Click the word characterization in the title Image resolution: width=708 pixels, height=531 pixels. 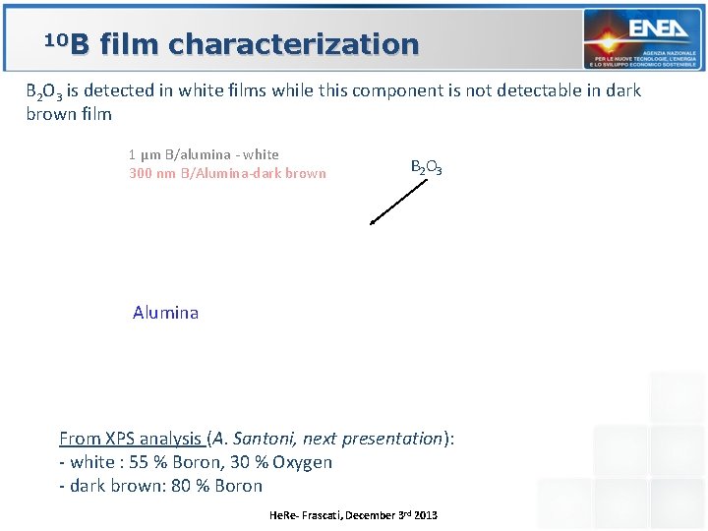(294, 44)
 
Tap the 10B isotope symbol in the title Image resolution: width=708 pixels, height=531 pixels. (67, 43)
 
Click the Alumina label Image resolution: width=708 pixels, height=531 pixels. (165, 313)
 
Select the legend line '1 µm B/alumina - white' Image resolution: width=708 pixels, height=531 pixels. (204, 154)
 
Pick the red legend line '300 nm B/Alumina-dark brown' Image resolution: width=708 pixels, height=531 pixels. (227, 174)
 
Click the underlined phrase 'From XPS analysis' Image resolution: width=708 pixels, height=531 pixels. (131, 439)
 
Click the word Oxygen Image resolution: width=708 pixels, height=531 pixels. (302, 462)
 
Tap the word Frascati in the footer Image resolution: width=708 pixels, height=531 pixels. (315, 515)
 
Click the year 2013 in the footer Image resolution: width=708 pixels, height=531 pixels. (425, 515)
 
